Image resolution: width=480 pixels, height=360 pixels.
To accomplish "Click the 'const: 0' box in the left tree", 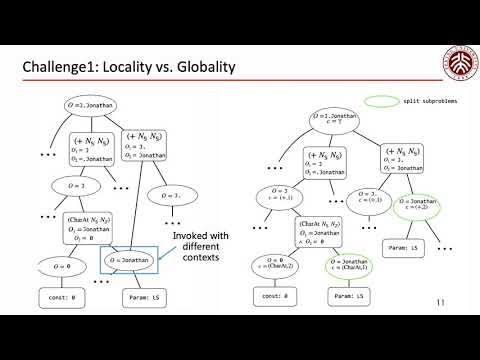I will click(x=67, y=298).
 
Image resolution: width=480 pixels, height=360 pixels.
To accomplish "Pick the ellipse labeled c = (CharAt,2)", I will click(x=275, y=269).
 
